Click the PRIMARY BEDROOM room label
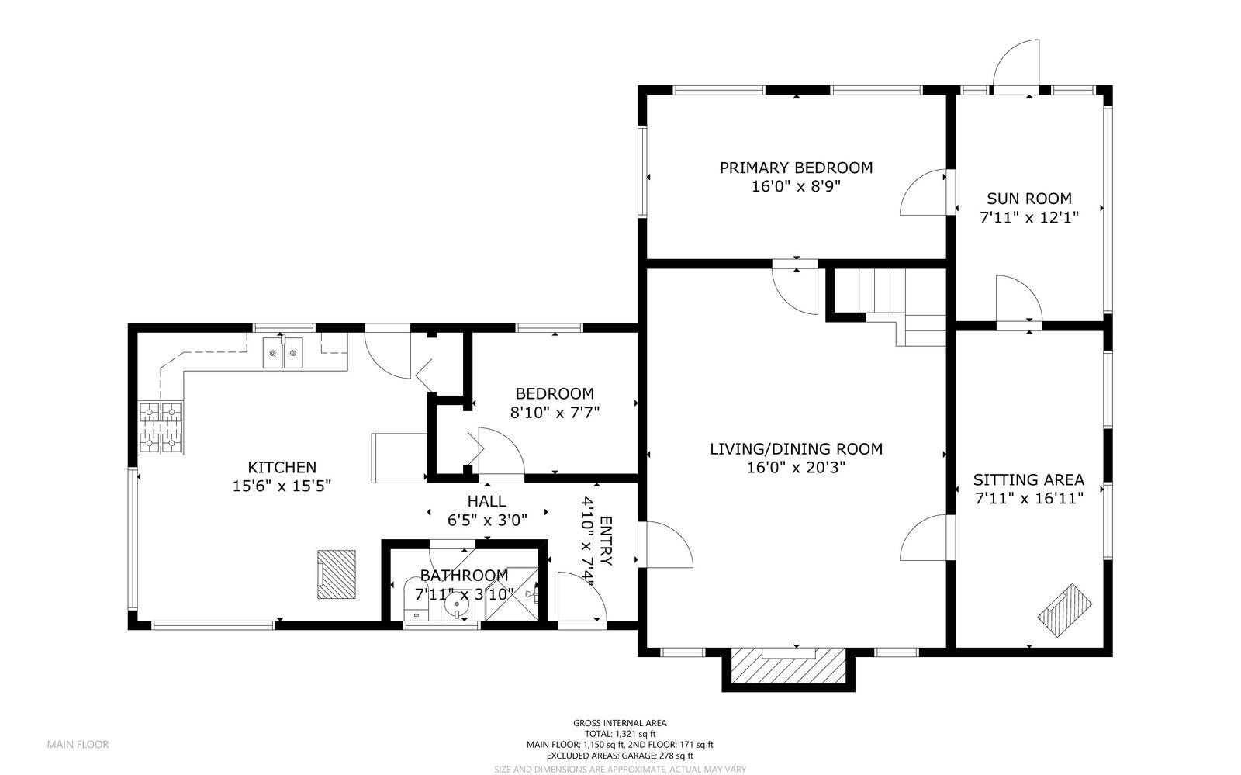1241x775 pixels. (796, 168)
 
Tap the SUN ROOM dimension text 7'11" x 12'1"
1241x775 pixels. (1029, 218)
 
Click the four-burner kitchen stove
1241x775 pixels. (161, 427)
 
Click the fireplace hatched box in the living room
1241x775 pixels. (788, 666)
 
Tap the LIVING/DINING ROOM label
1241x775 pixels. (796, 448)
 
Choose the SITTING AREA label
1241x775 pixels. (1028, 479)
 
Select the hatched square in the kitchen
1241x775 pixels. (336, 574)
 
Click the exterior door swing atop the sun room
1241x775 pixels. (1017, 66)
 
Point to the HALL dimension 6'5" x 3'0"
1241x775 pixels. (487, 521)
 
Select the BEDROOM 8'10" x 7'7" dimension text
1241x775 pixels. (555, 413)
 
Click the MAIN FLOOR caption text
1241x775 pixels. (78, 744)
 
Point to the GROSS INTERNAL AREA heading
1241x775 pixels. (620, 723)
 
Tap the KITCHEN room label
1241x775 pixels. (282, 467)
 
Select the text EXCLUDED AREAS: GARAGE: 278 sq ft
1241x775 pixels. (620, 756)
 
